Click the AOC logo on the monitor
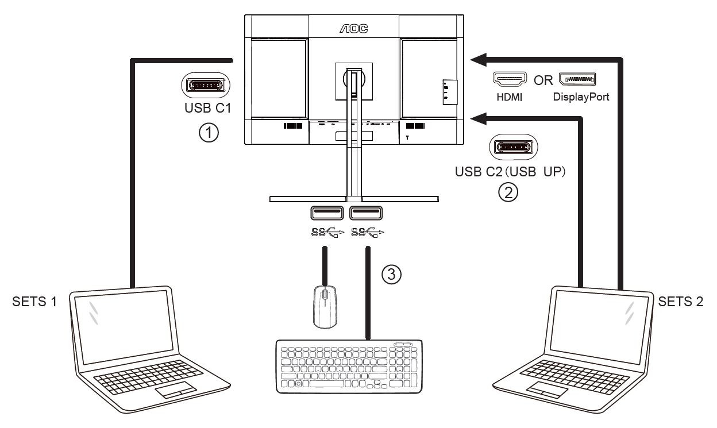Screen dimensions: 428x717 (353, 27)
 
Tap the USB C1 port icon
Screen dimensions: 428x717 (206, 86)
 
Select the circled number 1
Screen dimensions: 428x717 (209, 133)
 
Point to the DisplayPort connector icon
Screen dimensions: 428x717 (577, 80)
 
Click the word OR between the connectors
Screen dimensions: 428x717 (543, 80)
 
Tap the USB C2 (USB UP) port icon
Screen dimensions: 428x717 (514, 147)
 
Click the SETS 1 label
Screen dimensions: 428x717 (35, 302)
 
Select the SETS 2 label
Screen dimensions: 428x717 (680, 302)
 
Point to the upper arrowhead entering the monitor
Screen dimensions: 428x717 (479, 58)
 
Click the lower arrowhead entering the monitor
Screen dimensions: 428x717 (479, 118)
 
